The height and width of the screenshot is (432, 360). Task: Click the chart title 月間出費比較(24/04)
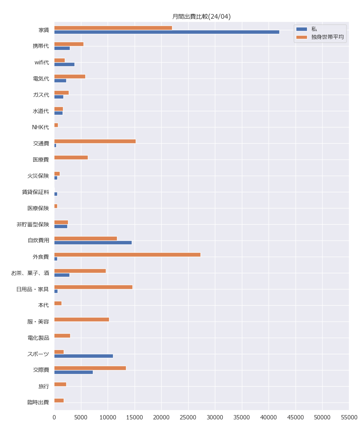(201, 17)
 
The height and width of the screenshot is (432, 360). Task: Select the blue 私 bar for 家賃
(167, 32)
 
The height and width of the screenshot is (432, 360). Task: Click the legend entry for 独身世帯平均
(327, 37)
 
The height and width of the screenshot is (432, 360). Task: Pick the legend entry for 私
(314, 29)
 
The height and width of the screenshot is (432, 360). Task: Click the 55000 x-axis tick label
(349, 417)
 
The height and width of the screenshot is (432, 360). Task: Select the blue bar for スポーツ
(84, 356)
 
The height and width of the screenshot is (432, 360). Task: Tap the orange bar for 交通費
(95, 141)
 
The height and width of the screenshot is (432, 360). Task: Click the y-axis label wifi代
(41, 62)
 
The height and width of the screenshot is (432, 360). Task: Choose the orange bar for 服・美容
(81, 319)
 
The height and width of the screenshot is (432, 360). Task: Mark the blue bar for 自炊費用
(93, 243)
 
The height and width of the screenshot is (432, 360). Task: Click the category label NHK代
(40, 127)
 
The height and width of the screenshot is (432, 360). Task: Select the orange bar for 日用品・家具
(93, 287)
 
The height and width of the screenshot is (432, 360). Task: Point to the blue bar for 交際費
(73, 372)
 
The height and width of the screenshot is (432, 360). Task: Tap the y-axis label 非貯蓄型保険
(32, 224)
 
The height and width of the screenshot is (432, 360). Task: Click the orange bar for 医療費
(71, 157)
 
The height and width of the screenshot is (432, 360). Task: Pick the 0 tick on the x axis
(54, 417)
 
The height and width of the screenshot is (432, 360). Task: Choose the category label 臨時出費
(38, 402)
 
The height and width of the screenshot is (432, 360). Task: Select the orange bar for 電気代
(69, 76)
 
